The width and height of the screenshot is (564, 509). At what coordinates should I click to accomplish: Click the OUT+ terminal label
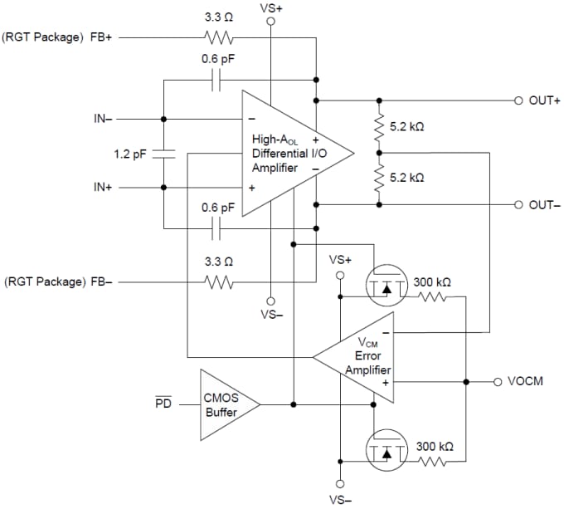pyautogui.click(x=545, y=100)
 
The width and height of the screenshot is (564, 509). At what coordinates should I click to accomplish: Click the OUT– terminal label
pyautogui.click(x=545, y=204)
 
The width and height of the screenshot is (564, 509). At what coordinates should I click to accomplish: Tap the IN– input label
pyautogui.click(x=104, y=118)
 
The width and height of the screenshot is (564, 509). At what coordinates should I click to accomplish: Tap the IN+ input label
pyautogui.click(x=104, y=188)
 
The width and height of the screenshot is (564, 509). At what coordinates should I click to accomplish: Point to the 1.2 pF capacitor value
pyautogui.click(x=129, y=154)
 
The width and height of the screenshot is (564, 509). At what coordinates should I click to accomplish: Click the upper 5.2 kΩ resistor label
pyautogui.click(x=406, y=127)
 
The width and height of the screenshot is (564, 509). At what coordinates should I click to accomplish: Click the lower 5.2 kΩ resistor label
pyautogui.click(x=406, y=177)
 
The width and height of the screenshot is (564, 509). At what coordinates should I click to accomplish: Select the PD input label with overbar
pyautogui.click(x=163, y=404)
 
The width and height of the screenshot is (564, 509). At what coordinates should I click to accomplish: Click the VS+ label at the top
pyautogui.click(x=271, y=7)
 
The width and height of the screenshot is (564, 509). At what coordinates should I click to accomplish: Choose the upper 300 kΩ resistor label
pyautogui.click(x=432, y=282)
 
